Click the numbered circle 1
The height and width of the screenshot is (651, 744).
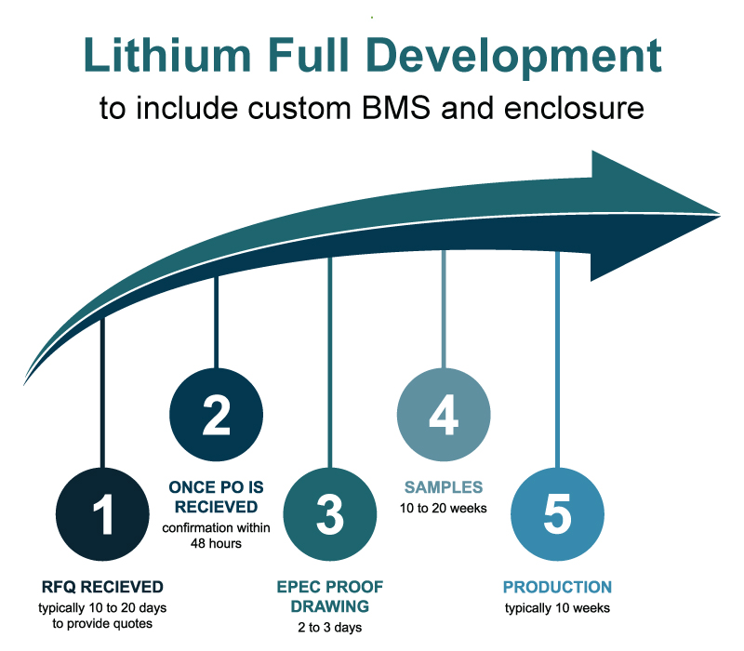pos(103,514)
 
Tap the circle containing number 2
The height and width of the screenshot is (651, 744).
pos(216,415)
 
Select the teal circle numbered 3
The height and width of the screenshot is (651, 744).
pos(329,514)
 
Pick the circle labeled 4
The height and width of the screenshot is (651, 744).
pos(444,415)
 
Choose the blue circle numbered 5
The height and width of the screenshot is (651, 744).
pos(557,514)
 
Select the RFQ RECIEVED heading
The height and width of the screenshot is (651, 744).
pos(102,587)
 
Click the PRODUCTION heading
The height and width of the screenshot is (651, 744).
pos(557,587)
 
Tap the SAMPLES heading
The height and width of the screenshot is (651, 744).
pos(444,486)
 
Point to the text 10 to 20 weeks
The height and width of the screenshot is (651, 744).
pos(444,508)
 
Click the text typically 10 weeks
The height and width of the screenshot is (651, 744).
pos(557,608)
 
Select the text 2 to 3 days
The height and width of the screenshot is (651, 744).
pos(330,628)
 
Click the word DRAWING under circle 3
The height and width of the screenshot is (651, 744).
pos(330,606)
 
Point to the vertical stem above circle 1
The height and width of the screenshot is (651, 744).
pos(103,391)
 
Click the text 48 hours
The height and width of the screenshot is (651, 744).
pos(216,543)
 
